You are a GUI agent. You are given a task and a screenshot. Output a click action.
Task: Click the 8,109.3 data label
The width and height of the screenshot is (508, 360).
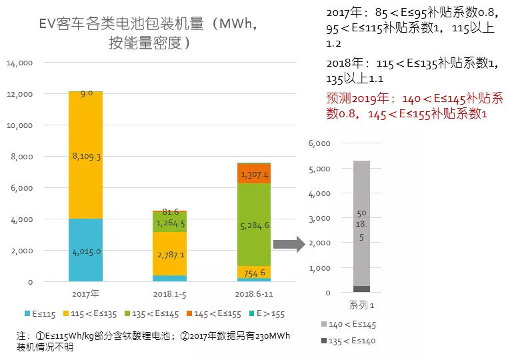pos(86,156)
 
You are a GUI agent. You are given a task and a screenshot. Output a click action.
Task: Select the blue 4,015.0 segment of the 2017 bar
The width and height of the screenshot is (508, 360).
pos(86,251)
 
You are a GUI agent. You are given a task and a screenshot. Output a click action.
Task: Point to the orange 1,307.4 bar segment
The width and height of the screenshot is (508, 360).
pos(255,174)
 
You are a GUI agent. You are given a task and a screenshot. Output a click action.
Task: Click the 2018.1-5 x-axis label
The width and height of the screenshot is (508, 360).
pos(171,293)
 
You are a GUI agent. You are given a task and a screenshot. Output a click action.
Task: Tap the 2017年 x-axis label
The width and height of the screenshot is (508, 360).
pos(86,293)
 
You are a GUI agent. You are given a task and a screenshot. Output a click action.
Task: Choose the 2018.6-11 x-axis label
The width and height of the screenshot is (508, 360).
pos(255,293)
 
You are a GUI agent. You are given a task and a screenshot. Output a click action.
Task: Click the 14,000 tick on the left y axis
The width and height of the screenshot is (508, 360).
pos(20,63)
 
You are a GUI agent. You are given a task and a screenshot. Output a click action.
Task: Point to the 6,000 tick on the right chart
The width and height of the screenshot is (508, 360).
pos(320,143)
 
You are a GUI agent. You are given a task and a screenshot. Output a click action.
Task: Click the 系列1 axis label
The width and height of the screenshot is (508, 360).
pos(361,305)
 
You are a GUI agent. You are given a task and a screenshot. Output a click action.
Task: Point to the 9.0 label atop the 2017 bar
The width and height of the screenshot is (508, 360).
pos(86,94)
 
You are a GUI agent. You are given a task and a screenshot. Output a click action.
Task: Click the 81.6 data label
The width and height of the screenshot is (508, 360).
pos(171,211)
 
